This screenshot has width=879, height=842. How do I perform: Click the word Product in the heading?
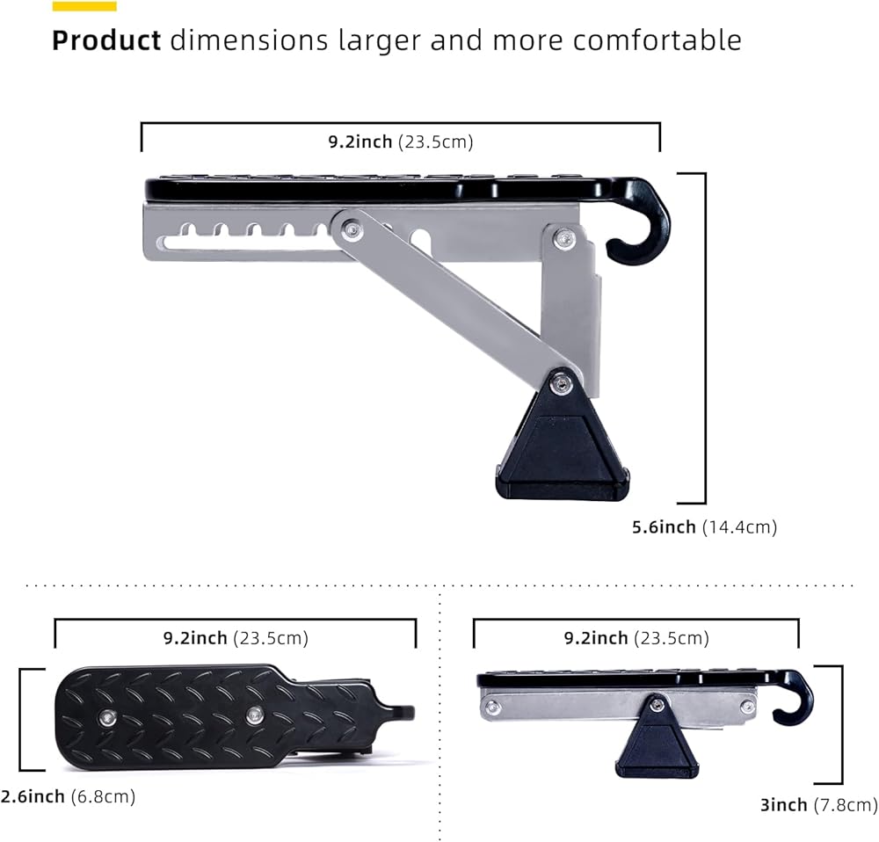tap(106, 40)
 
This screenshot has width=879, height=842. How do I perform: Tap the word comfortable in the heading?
tap(657, 40)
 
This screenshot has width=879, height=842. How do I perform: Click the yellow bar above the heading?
tap(84, 6)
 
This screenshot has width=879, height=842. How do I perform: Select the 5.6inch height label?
tap(664, 527)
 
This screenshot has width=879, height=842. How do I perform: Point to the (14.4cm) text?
tap(739, 527)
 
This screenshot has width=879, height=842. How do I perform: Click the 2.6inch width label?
tap(33, 796)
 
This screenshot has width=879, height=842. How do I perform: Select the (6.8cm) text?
tap(103, 796)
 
